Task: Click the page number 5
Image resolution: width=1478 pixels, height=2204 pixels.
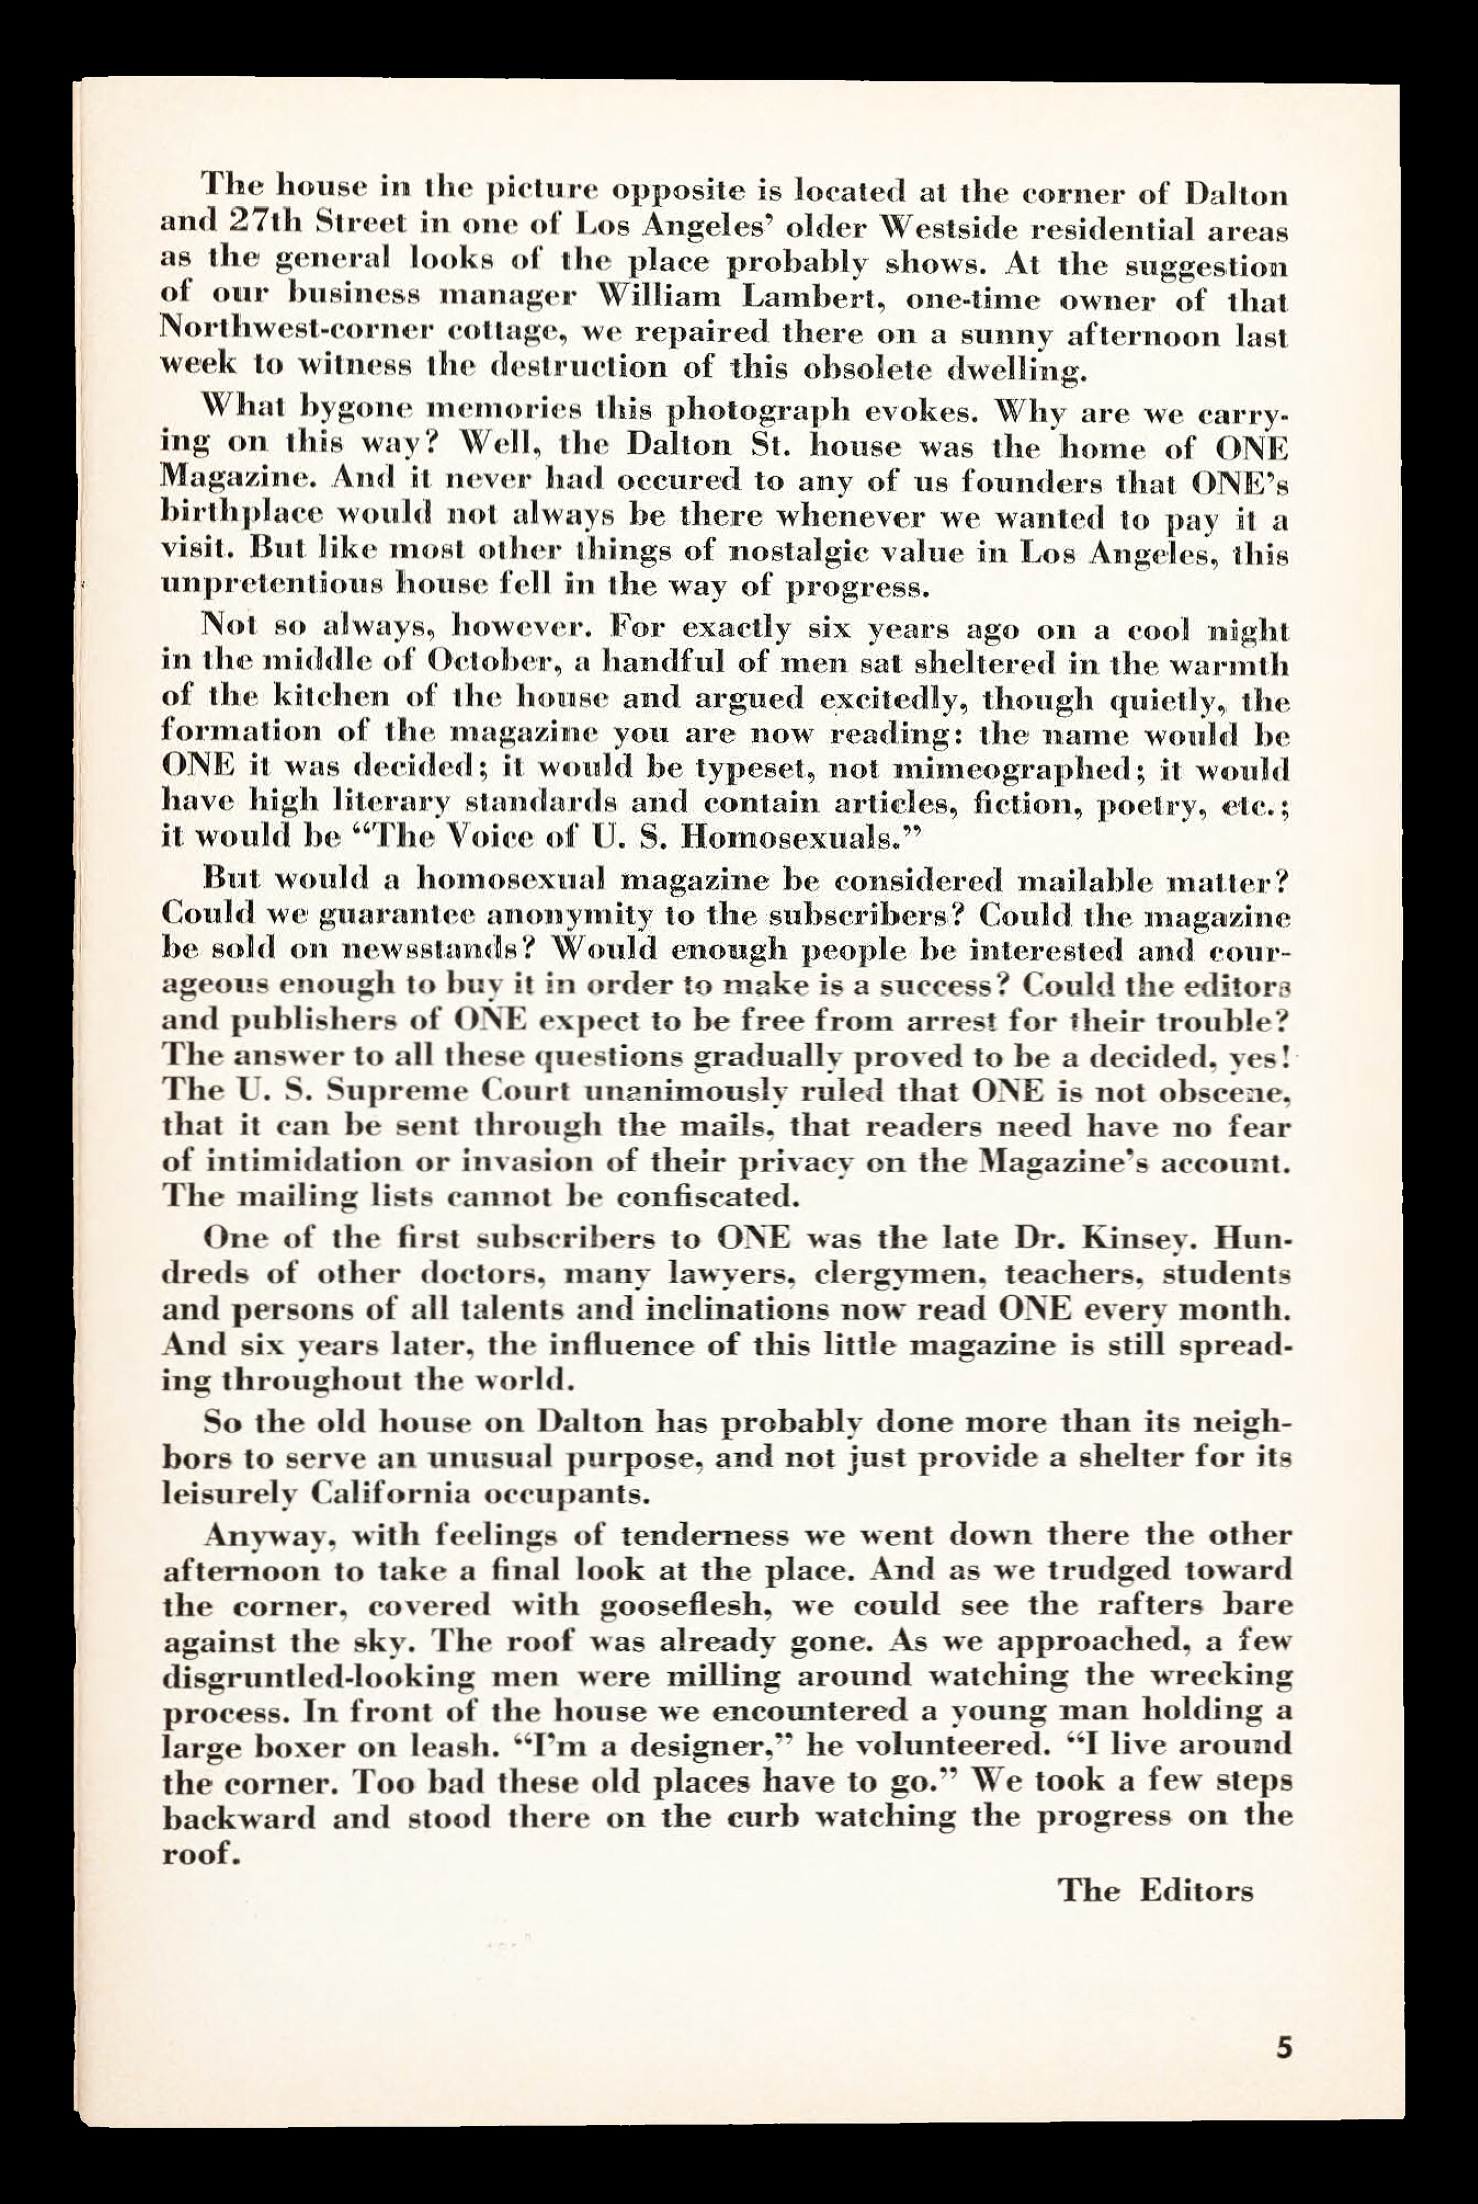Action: pos(1282,2049)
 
